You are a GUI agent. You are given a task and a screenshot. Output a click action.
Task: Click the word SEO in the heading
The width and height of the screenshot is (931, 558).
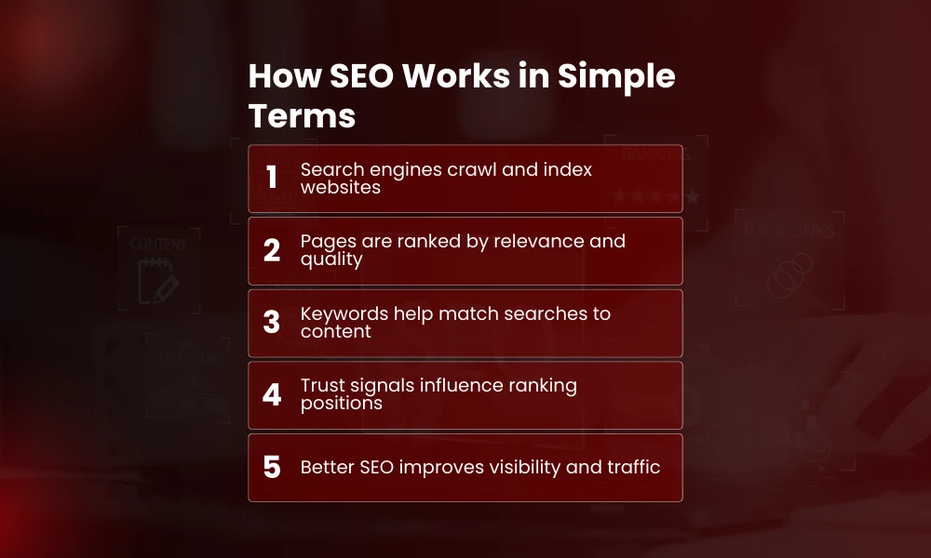(x=361, y=77)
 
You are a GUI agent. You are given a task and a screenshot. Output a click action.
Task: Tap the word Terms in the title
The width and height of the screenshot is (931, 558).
(x=302, y=117)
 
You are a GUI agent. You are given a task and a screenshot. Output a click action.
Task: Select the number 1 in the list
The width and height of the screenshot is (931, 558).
(x=272, y=178)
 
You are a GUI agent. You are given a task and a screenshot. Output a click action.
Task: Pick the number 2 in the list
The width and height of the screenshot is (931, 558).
(x=272, y=250)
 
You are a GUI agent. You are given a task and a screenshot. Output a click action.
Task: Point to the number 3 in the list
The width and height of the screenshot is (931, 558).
(x=272, y=323)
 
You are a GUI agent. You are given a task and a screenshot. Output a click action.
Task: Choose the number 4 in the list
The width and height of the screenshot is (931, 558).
(x=272, y=395)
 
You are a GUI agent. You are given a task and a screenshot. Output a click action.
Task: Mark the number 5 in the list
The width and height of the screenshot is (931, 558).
(x=272, y=467)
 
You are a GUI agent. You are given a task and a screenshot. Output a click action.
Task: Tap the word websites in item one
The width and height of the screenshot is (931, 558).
(x=340, y=187)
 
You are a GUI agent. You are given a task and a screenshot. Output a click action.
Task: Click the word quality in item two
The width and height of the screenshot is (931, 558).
(x=331, y=259)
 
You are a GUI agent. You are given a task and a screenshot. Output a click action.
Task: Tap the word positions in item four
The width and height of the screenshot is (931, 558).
(x=342, y=404)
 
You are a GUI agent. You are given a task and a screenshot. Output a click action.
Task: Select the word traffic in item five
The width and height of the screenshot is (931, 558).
(x=635, y=467)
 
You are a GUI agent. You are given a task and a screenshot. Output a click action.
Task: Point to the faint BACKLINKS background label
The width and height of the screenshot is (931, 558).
(x=789, y=231)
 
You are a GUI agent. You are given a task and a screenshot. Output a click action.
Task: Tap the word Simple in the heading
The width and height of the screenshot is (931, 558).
(x=616, y=77)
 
